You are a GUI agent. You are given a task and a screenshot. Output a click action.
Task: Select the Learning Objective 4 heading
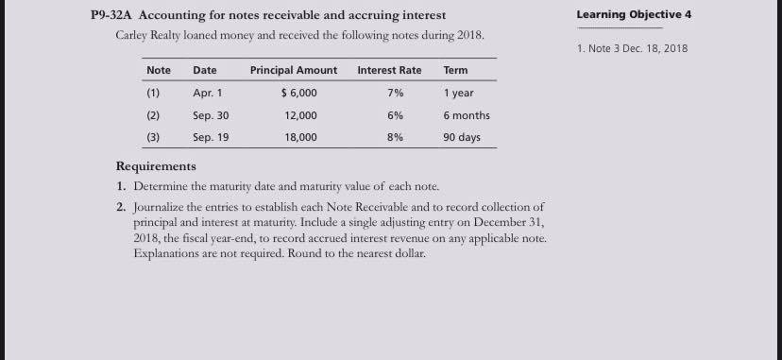pos(639,15)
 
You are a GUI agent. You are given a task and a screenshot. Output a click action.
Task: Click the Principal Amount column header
pos(293,71)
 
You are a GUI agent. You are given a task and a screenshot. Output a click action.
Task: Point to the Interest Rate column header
pos(389,71)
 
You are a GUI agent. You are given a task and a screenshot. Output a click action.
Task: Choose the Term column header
pos(455,71)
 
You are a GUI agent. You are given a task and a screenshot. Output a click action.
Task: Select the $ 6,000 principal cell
pos(299,94)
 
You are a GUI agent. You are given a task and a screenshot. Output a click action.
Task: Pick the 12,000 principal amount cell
pos(301,115)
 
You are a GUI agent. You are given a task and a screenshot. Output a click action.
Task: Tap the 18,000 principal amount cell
pos(301,137)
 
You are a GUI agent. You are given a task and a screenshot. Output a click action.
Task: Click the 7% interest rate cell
pos(395,94)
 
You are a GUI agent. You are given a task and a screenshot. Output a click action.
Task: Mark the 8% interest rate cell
pos(395,137)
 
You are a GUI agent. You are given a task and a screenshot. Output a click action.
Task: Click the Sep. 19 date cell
pos(210,137)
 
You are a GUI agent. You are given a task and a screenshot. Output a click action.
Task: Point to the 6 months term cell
pos(467,115)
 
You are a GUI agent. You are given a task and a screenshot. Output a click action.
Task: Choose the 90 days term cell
pos(462,137)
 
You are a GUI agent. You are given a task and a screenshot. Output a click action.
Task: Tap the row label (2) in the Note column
pos(153,115)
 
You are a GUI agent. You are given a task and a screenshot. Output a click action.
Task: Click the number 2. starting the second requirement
pos(121,206)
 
